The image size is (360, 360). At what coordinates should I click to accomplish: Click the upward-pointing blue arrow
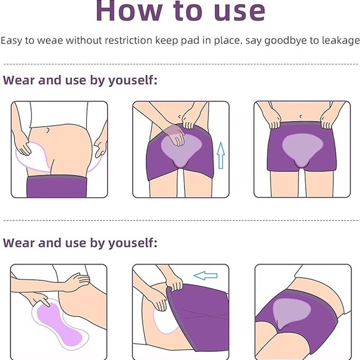(220, 155)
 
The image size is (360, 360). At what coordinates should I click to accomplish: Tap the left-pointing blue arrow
(205, 275)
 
